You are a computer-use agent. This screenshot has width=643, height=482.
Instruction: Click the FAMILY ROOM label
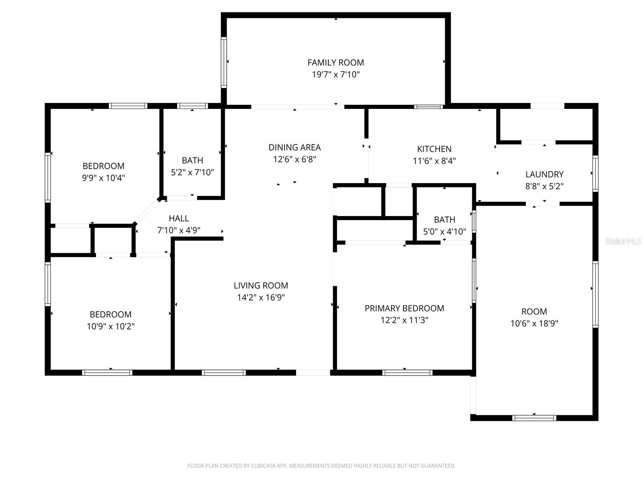pyautogui.click(x=336, y=62)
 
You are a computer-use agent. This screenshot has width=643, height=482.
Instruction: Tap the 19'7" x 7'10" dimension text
pyautogui.click(x=336, y=74)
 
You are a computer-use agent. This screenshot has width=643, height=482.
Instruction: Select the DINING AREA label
pyautogui.click(x=295, y=147)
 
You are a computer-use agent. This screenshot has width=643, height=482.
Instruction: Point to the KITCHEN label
pyautogui.click(x=434, y=149)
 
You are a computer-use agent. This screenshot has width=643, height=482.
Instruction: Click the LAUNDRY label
pyautogui.click(x=544, y=174)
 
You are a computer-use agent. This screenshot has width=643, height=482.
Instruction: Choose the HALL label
pyautogui.click(x=179, y=219)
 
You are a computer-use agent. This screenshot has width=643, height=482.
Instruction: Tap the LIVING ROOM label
pyautogui.click(x=261, y=285)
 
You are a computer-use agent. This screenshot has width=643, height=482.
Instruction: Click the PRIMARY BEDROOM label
pyautogui.click(x=404, y=308)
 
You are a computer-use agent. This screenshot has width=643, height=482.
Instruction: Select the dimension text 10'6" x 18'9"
pyautogui.click(x=534, y=323)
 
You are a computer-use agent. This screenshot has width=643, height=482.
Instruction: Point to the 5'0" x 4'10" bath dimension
pyautogui.click(x=444, y=231)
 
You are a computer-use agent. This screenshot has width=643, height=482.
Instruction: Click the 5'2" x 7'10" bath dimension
pyautogui.click(x=192, y=172)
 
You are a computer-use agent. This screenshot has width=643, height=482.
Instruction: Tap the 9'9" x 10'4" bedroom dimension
pyautogui.click(x=103, y=178)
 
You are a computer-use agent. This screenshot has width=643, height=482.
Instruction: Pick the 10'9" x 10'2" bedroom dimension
pyautogui.click(x=111, y=326)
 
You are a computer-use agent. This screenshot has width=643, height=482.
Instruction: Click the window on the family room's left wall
pyautogui.click(x=224, y=62)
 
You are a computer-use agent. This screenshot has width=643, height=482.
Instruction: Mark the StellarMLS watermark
pyautogui.click(x=623, y=241)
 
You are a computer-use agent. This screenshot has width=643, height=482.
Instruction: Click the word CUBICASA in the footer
pyautogui.click(x=263, y=466)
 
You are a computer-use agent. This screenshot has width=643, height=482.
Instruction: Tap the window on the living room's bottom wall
pyautogui.click(x=224, y=373)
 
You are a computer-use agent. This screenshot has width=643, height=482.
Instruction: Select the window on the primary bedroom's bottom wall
pyautogui.click(x=407, y=373)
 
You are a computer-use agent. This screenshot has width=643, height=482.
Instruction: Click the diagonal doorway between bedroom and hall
pyautogui.click(x=146, y=212)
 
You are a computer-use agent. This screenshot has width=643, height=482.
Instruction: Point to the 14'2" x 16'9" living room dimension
pyautogui.click(x=261, y=297)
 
